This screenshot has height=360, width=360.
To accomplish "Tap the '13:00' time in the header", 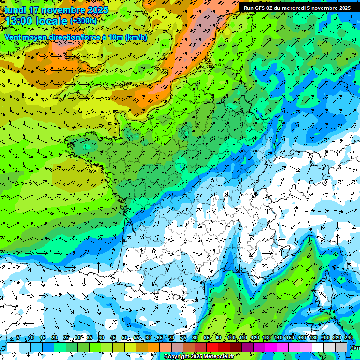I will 20,21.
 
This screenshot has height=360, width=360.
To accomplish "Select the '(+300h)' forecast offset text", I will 83,21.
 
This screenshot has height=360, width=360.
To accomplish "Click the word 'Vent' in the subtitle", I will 13,37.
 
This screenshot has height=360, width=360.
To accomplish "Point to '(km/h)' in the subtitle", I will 136,37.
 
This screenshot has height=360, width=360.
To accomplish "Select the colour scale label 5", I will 18,338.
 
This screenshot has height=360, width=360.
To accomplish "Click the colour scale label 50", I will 125,338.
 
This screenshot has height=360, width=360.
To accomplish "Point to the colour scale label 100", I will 231,338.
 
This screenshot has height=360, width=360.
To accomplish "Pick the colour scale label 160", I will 302,338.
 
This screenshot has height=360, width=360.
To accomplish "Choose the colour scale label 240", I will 348,338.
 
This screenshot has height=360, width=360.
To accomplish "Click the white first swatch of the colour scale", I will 13,347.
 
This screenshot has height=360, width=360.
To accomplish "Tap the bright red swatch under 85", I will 212,347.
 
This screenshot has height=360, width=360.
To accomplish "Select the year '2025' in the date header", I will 94,10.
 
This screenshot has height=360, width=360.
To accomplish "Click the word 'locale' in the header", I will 52,21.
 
